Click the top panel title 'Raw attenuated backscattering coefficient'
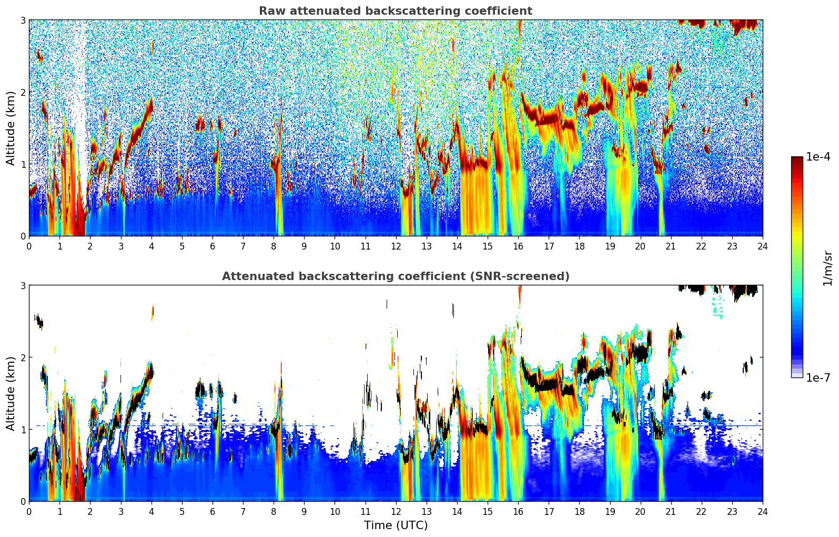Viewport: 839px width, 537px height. click(x=396, y=11)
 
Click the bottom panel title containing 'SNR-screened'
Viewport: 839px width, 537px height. click(x=396, y=276)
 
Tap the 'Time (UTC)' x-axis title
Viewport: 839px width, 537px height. click(x=396, y=525)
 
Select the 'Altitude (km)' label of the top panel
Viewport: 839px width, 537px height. click(x=11, y=128)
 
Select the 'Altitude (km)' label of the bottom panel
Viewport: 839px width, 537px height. click(x=11, y=393)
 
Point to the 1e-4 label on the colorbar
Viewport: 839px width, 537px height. click(x=818, y=157)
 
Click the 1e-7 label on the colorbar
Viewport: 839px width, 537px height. click(x=818, y=377)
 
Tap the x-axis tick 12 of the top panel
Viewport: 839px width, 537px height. click(x=396, y=246)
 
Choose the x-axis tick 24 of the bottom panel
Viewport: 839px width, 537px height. click(x=763, y=512)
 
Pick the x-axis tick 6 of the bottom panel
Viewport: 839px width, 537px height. click(x=213, y=512)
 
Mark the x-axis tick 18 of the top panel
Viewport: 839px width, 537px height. click(x=579, y=246)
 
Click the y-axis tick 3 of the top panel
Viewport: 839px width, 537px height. click(x=23, y=20)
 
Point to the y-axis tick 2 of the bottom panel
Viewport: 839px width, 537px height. click(x=23, y=357)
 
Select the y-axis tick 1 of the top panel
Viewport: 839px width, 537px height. click(x=23, y=164)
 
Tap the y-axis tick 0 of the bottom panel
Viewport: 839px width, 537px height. click(x=23, y=502)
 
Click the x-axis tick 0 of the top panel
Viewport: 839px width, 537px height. click(x=29, y=246)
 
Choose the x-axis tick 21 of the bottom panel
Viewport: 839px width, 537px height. click(x=671, y=512)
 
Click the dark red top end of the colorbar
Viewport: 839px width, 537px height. click(x=797, y=158)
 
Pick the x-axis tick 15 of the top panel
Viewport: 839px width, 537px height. click(x=488, y=246)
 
